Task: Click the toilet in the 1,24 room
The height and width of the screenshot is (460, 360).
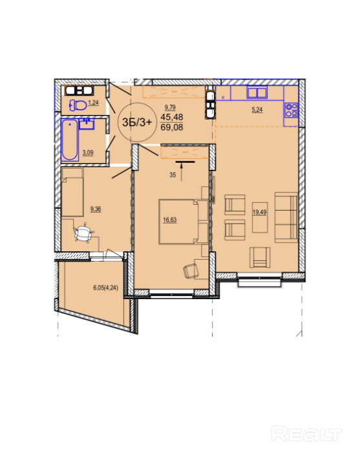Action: click(x=78, y=105)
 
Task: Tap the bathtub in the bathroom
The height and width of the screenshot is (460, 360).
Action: click(x=70, y=140)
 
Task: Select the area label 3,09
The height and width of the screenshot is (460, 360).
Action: click(x=88, y=152)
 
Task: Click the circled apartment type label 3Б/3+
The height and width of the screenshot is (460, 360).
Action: click(x=137, y=122)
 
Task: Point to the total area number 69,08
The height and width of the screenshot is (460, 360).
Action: click(x=172, y=127)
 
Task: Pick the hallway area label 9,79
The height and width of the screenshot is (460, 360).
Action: click(x=170, y=107)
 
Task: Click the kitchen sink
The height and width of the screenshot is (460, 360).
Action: click(x=257, y=92)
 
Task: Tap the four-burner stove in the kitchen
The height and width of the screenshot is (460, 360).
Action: click(x=291, y=110)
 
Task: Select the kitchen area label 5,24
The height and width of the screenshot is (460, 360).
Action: click(x=257, y=110)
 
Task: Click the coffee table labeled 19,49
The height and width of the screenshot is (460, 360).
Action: click(x=260, y=217)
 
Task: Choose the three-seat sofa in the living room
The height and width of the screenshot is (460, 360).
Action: click(x=286, y=217)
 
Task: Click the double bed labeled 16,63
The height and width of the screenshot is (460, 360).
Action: click(x=184, y=222)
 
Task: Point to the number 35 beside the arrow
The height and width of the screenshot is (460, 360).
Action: click(x=173, y=175)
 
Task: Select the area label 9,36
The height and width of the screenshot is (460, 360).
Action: click(x=96, y=209)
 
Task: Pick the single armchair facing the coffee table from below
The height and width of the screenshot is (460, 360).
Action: click(x=260, y=257)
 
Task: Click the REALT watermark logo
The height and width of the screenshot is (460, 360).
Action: click(x=306, y=434)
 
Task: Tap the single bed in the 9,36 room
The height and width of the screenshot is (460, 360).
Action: click(x=72, y=192)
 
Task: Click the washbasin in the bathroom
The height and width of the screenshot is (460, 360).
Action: click(x=87, y=123)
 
